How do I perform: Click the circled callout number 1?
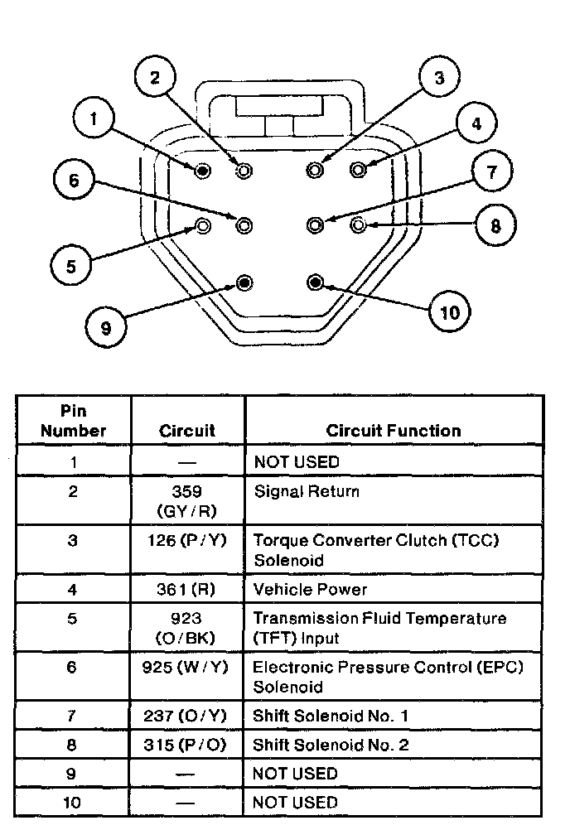pyautogui.click(x=94, y=119)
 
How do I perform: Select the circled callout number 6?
pyautogui.click(x=74, y=180)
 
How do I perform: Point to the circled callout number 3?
pyautogui.click(x=439, y=79)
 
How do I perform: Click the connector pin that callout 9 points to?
pyautogui.click(x=244, y=283)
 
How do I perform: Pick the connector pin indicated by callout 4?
pyautogui.click(x=358, y=170)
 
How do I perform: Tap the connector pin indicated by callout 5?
pyautogui.click(x=204, y=224)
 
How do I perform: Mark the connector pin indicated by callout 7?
pyautogui.click(x=315, y=224)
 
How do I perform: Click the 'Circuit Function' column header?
pyautogui.click(x=394, y=431)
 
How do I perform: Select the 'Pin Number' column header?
pyautogui.click(x=74, y=421)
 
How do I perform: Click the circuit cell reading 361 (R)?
pyautogui.click(x=186, y=590)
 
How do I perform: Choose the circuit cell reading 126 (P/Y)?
pyautogui.click(x=186, y=541)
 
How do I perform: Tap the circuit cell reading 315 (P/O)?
pyautogui.click(x=186, y=745)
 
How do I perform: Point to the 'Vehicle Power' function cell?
pyautogui.click(x=310, y=590)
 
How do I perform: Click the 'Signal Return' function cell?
pyautogui.click(x=307, y=491)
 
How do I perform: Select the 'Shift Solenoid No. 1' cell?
pyautogui.click(x=331, y=716)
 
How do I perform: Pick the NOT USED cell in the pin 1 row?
pyautogui.click(x=296, y=461)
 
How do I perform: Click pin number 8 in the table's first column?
pyautogui.click(x=73, y=745)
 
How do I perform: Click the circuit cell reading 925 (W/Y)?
pyautogui.click(x=186, y=668)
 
